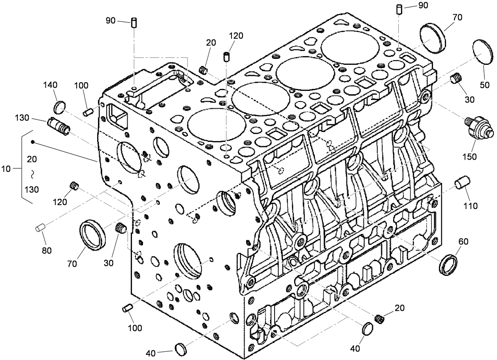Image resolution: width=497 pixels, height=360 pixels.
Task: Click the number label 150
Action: click(470, 156)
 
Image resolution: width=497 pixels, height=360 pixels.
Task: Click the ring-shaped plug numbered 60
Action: click(449, 264)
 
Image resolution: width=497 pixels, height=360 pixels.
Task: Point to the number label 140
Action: click(51, 85)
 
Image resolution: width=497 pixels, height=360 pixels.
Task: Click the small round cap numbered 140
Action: click(58, 106)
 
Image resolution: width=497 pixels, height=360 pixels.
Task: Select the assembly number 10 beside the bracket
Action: click(7, 169)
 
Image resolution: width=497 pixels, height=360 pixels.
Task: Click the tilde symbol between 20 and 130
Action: click(34, 174)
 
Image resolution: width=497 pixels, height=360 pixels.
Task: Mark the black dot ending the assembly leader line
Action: click(33, 142)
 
